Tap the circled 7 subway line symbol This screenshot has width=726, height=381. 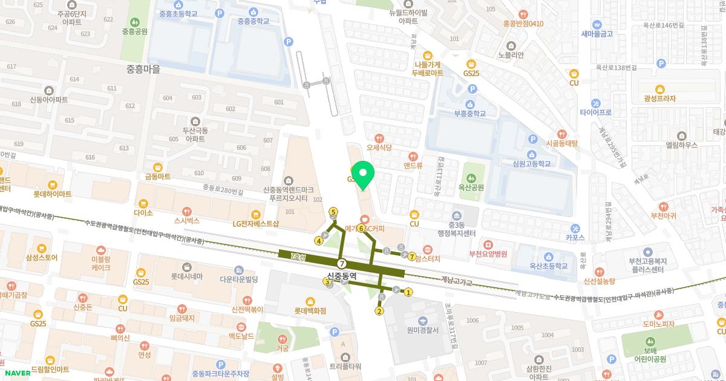pyautogui.click(x=342, y=264)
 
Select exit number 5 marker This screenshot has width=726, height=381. pyautogui.click(x=333, y=212)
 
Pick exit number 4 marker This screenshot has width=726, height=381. pyautogui.click(x=319, y=241)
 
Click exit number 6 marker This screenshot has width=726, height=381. pyautogui.click(x=361, y=229)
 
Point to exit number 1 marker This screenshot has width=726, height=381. pyautogui.click(x=408, y=293)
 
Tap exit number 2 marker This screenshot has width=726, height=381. pyautogui.click(x=379, y=311)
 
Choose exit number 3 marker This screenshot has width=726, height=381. pyautogui.click(x=327, y=281)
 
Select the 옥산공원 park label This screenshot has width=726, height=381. pyautogui.click(x=471, y=187)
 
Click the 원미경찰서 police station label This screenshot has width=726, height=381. pyautogui.click(x=422, y=330)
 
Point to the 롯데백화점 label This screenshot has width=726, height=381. pyautogui.click(x=310, y=310)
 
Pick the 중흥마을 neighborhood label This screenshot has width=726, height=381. pyautogui.click(x=143, y=70)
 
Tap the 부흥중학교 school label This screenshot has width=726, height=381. pyautogui.click(x=470, y=113)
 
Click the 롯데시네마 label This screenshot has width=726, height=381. pyautogui.click(x=186, y=277)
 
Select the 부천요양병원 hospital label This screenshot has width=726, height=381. pyautogui.click(x=488, y=253)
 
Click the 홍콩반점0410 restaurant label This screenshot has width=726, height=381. pyautogui.click(x=523, y=24)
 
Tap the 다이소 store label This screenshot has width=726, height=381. pyautogui.click(x=143, y=213)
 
